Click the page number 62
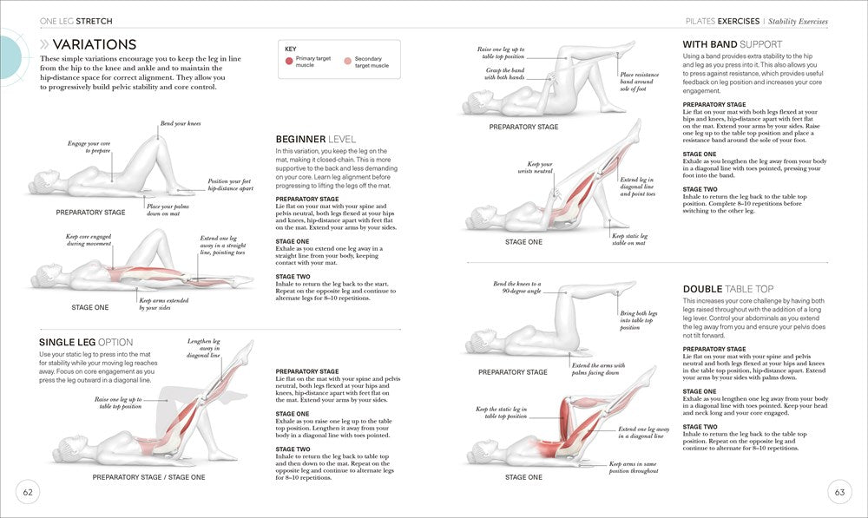[28, 492]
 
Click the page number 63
[839, 492]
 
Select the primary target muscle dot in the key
[288, 62]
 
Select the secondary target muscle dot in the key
[348, 62]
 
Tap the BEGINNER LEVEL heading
[315, 139]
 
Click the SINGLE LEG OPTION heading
[87, 342]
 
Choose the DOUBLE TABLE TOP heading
[728, 288]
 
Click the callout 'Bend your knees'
[180, 124]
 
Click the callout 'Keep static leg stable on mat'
[630, 239]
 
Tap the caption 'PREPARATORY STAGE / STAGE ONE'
[148, 477]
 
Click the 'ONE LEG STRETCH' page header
[76, 20]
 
